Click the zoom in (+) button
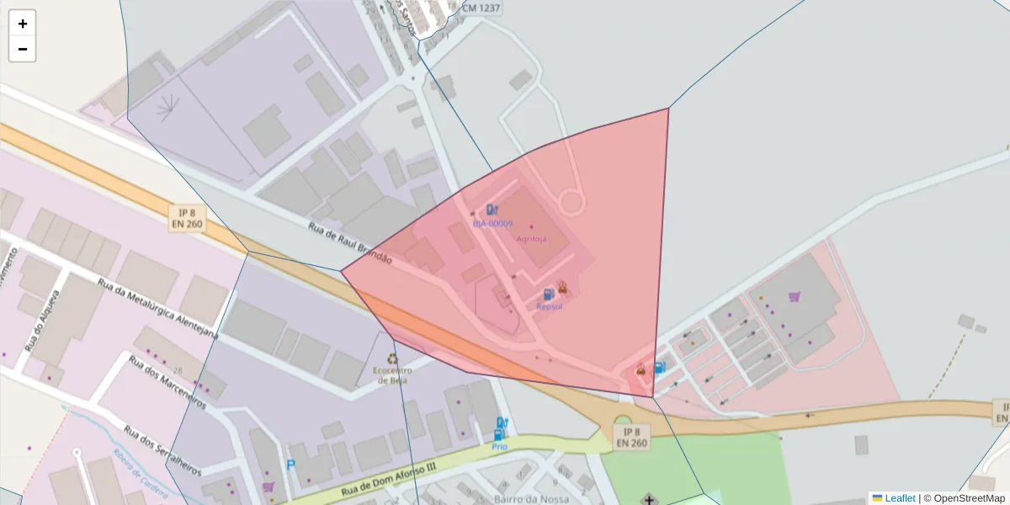23,24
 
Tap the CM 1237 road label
481,8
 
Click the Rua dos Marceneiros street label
167,382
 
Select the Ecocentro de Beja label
392,375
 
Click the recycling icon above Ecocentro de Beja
392,358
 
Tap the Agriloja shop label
531,238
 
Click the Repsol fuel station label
549,307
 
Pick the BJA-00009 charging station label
492,223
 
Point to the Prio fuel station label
500,447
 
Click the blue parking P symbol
291,465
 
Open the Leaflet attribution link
900,498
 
